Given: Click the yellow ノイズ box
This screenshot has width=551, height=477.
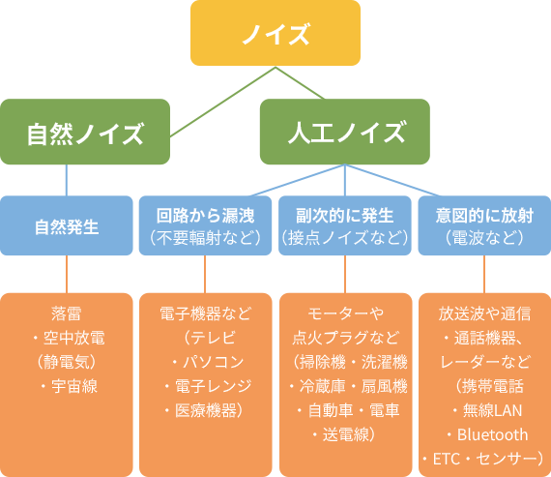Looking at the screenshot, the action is point(275,33).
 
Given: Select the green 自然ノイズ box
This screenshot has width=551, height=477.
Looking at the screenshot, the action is point(85,132).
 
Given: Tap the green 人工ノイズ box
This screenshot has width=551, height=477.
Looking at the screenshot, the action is point(345,132).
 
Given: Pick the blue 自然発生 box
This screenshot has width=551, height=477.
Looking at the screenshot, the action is point(67,225).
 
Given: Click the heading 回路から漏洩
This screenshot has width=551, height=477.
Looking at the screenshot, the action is point(205,216).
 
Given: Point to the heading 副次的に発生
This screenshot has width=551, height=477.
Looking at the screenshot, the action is point(345,216).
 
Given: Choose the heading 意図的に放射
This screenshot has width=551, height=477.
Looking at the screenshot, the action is point(484,216).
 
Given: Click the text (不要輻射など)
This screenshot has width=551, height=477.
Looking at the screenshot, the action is point(205,238).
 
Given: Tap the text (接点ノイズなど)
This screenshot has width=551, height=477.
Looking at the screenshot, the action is point(345,238).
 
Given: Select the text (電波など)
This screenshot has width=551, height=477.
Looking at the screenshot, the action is point(484,238).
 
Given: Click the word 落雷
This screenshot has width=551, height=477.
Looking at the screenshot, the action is point(67,313).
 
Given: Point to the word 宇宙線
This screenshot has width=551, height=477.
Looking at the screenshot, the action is point(74,386).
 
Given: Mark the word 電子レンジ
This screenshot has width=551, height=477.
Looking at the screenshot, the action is point(214,386).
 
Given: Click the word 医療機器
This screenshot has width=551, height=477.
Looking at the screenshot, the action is point(206,410).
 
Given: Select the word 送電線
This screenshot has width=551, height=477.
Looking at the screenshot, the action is point(346,434).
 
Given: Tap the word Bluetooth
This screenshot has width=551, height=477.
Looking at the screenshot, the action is point(492,434).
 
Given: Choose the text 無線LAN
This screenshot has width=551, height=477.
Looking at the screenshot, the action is point(492,410).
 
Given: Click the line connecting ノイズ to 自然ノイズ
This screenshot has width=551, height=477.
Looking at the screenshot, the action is point(222,102).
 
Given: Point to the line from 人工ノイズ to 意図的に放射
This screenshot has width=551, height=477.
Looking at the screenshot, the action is point(392,180).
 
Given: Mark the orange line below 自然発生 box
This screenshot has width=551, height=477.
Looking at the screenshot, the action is point(67,274).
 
